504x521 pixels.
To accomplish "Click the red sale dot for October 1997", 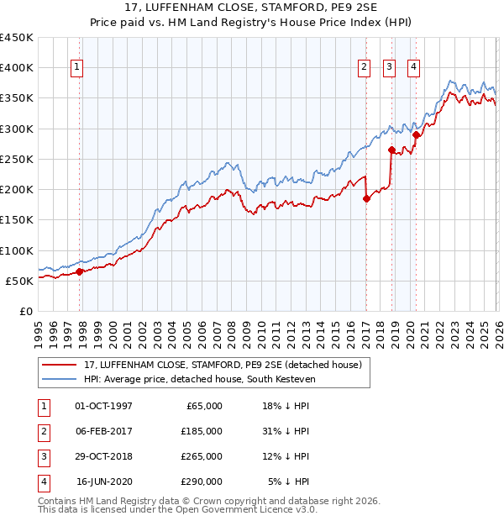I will click(80, 271).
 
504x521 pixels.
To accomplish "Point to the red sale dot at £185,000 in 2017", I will click(366, 199).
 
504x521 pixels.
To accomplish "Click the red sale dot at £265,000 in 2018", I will click(391, 150).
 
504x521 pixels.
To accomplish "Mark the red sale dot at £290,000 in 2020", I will click(416, 134).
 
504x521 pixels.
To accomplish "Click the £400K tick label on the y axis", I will click(17, 68).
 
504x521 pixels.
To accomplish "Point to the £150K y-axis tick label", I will click(17, 220).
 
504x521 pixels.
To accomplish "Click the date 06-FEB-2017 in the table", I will click(103, 430).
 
